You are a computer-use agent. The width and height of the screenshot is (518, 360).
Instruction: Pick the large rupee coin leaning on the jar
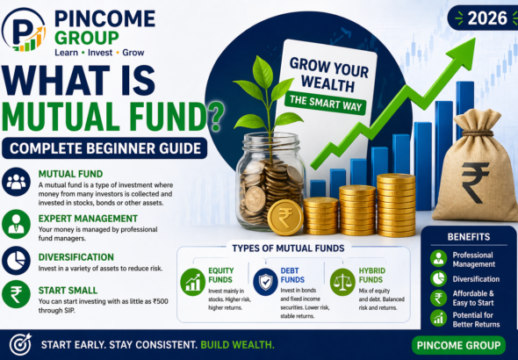tap(285, 216)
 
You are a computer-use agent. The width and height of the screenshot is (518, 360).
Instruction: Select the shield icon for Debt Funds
tap(264, 282)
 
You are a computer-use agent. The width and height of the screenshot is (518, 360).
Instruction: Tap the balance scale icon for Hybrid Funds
tap(342, 282)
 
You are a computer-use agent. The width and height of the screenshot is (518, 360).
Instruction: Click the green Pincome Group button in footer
tap(457, 343)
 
